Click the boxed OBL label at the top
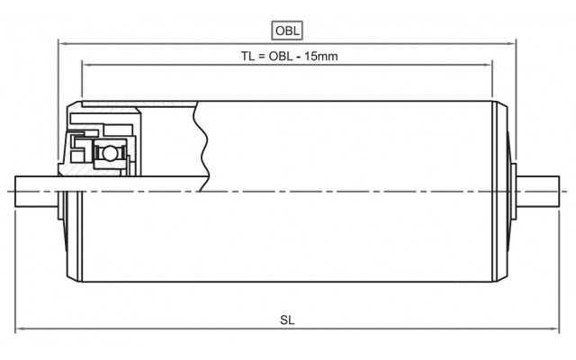click(x=287, y=31)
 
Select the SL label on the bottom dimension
click(x=287, y=320)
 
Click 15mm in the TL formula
click(x=321, y=56)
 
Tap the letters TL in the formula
click(x=247, y=56)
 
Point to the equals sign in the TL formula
click(x=261, y=57)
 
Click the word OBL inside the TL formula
click(x=281, y=56)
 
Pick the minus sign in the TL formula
click(x=298, y=57)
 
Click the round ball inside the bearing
click(x=109, y=153)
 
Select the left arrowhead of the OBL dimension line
click(x=62, y=43)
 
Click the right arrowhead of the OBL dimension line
click(x=512, y=43)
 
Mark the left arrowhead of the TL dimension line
click(x=86, y=65)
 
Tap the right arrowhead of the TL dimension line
click(x=488, y=65)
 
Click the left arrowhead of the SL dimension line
click(x=19, y=328)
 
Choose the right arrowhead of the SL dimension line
click(x=555, y=328)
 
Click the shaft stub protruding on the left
click(x=36, y=192)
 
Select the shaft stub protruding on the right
click(x=538, y=192)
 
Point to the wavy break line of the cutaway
click(x=202, y=146)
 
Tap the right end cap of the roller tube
click(x=500, y=192)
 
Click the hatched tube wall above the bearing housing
click(x=139, y=104)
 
